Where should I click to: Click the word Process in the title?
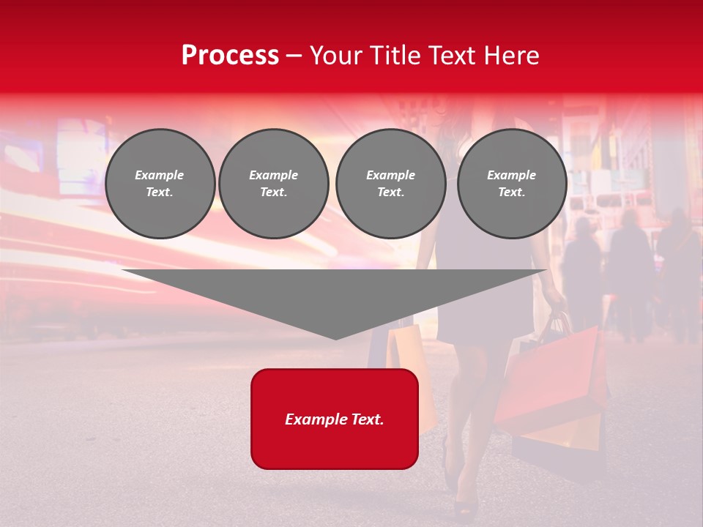[x=230, y=56]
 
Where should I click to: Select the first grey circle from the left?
[x=160, y=184]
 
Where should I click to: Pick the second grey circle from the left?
[x=274, y=184]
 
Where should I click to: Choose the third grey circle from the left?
[x=390, y=184]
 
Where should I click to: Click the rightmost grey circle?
[x=512, y=184]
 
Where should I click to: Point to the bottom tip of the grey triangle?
[x=335, y=338]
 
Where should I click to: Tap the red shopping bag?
[x=557, y=373]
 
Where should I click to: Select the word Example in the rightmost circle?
[x=512, y=175]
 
